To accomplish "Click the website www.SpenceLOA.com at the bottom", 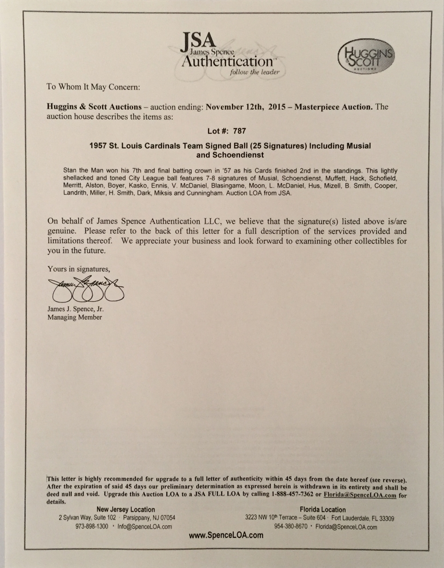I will coord(226,536).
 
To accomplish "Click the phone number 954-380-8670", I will coord(289,527).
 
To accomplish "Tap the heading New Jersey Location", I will coord(126,509).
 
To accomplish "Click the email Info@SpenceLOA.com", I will coord(145,526).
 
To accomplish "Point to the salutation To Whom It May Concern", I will coord(93,87).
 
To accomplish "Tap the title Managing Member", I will coord(75,317).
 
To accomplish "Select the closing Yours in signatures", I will coord(78,269).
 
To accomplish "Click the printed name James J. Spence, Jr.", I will coord(75,309).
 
